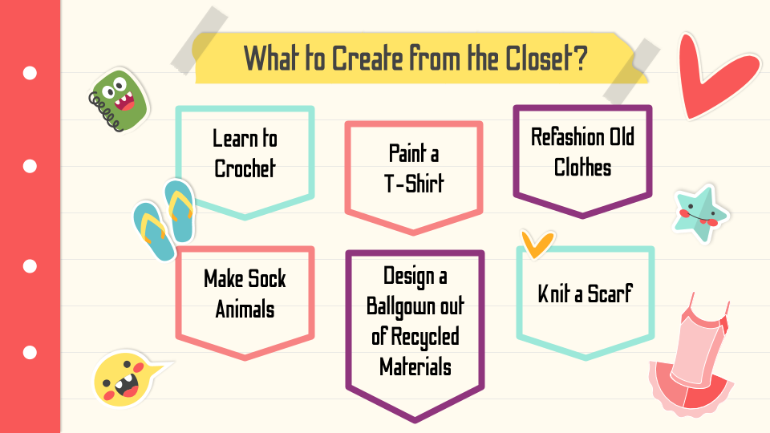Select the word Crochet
point(245,168)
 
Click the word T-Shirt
point(414,184)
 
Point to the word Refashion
point(568,137)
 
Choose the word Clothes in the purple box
point(582,168)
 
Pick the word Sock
point(265,279)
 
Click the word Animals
point(245,310)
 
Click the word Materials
point(415,366)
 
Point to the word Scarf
point(610,294)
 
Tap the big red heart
point(713,76)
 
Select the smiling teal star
point(699,213)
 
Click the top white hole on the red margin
point(30,73)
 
